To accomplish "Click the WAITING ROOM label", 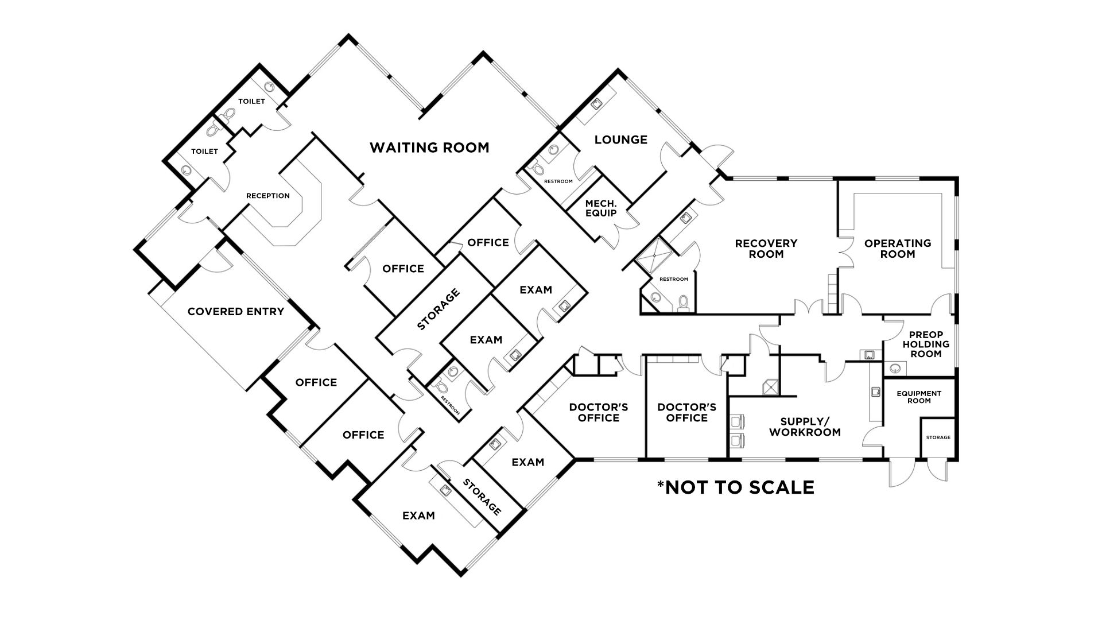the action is [429, 148].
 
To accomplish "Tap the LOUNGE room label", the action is [621, 139].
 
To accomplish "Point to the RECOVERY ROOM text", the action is [766, 249].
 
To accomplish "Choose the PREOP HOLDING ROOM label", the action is [926, 344].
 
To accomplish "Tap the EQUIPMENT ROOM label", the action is [919, 397].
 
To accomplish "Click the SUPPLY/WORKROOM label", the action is [805, 427].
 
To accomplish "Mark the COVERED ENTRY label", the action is [236, 312].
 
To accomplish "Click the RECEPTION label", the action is [268, 196].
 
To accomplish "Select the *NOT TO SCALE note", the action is [735, 487].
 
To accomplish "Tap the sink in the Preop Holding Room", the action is [895, 368].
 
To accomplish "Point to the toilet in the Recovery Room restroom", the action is [682, 303].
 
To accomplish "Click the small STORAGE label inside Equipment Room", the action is [938, 437].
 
